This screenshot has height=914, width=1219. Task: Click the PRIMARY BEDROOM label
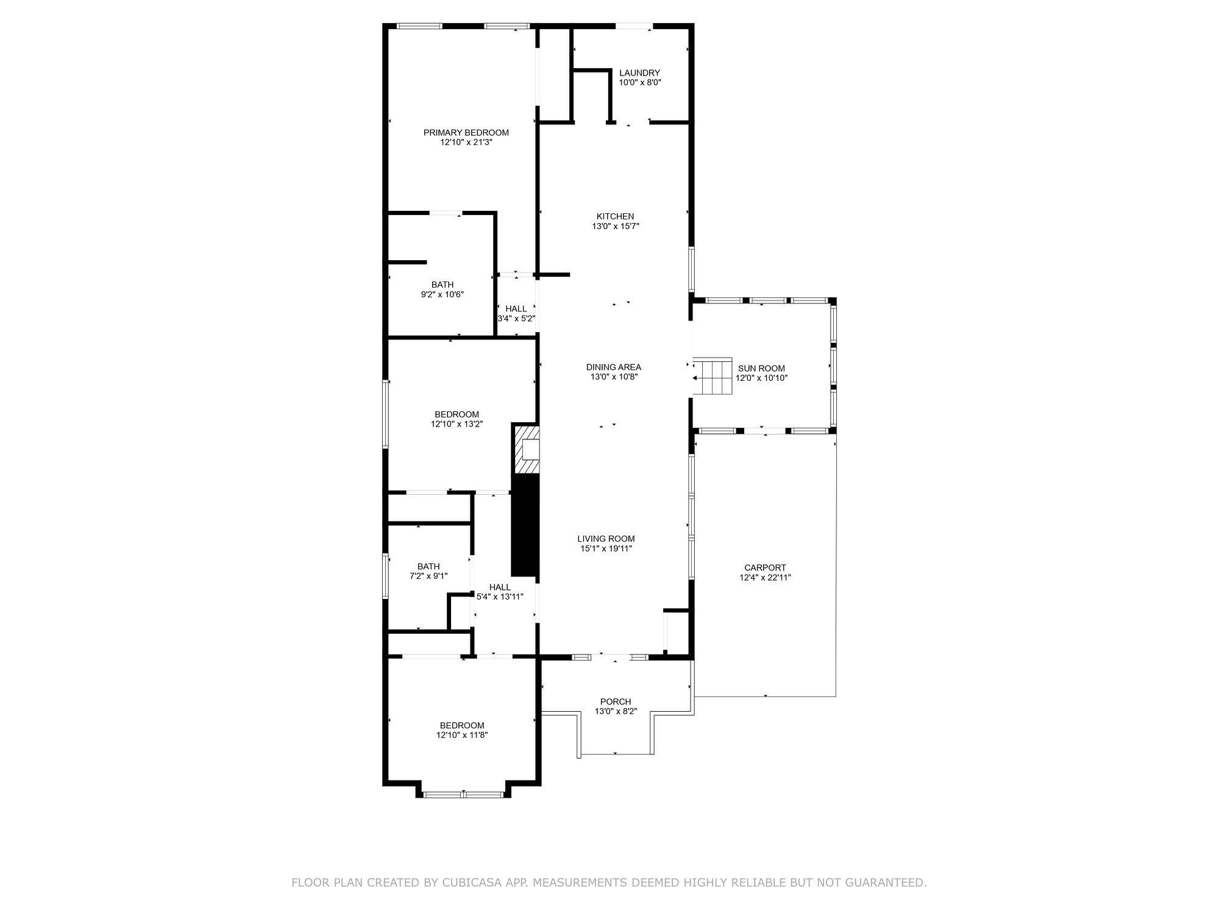[x=466, y=133]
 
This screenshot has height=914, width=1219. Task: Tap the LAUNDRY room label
[x=639, y=73]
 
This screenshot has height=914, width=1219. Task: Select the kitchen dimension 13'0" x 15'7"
[x=615, y=226]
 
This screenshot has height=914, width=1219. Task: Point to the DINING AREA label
[x=613, y=367]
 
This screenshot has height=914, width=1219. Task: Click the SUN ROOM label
[x=761, y=369]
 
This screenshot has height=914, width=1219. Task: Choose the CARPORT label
[x=765, y=568]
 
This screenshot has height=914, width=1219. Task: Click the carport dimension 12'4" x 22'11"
[x=765, y=578]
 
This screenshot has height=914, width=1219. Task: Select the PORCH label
[x=615, y=702]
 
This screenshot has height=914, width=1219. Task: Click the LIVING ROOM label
[x=606, y=539]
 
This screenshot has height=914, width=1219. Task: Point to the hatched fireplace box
[x=527, y=449]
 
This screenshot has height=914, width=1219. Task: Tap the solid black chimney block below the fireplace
[x=525, y=525]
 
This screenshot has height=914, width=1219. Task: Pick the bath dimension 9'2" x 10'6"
[x=442, y=294]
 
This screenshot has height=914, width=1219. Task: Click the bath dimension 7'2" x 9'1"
[x=428, y=576]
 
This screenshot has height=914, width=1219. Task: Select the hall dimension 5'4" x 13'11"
[x=499, y=597]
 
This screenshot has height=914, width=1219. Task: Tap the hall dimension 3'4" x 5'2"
[x=516, y=318]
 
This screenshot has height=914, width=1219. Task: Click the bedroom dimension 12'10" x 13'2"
[x=457, y=424]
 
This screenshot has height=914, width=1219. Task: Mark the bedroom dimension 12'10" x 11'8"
[x=461, y=735]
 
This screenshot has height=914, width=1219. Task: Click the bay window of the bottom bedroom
[x=463, y=794]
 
